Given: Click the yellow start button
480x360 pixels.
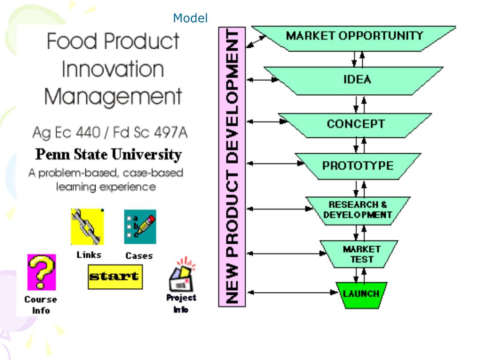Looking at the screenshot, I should click(115, 277).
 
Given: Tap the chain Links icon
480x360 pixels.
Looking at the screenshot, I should click(87, 227).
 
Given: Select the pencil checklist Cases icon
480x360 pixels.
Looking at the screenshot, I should click(140, 227).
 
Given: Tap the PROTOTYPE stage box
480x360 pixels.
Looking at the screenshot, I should click(358, 166).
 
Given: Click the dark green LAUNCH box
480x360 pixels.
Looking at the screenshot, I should click(361, 295).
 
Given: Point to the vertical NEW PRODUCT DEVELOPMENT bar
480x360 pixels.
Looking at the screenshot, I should click(232, 166).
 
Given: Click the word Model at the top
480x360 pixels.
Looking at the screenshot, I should click(190, 18).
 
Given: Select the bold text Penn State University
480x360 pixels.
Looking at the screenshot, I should click(109, 155).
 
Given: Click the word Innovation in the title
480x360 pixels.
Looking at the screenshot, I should click(112, 70).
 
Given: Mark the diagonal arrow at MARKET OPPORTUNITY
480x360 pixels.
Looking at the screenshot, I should click(256, 42).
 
